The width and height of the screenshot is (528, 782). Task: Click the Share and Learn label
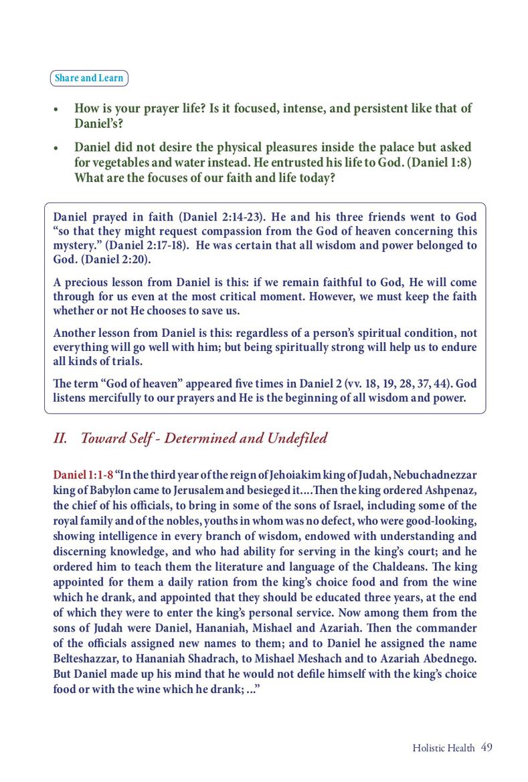[x=89, y=78]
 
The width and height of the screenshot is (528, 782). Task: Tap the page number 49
[x=487, y=747]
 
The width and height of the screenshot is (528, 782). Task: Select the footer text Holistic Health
[x=444, y=748]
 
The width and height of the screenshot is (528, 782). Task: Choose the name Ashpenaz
[x=444, y=489]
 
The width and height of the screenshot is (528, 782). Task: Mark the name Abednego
[x=446, y=658]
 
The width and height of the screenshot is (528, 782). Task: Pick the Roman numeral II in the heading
[x=59, y=438]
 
